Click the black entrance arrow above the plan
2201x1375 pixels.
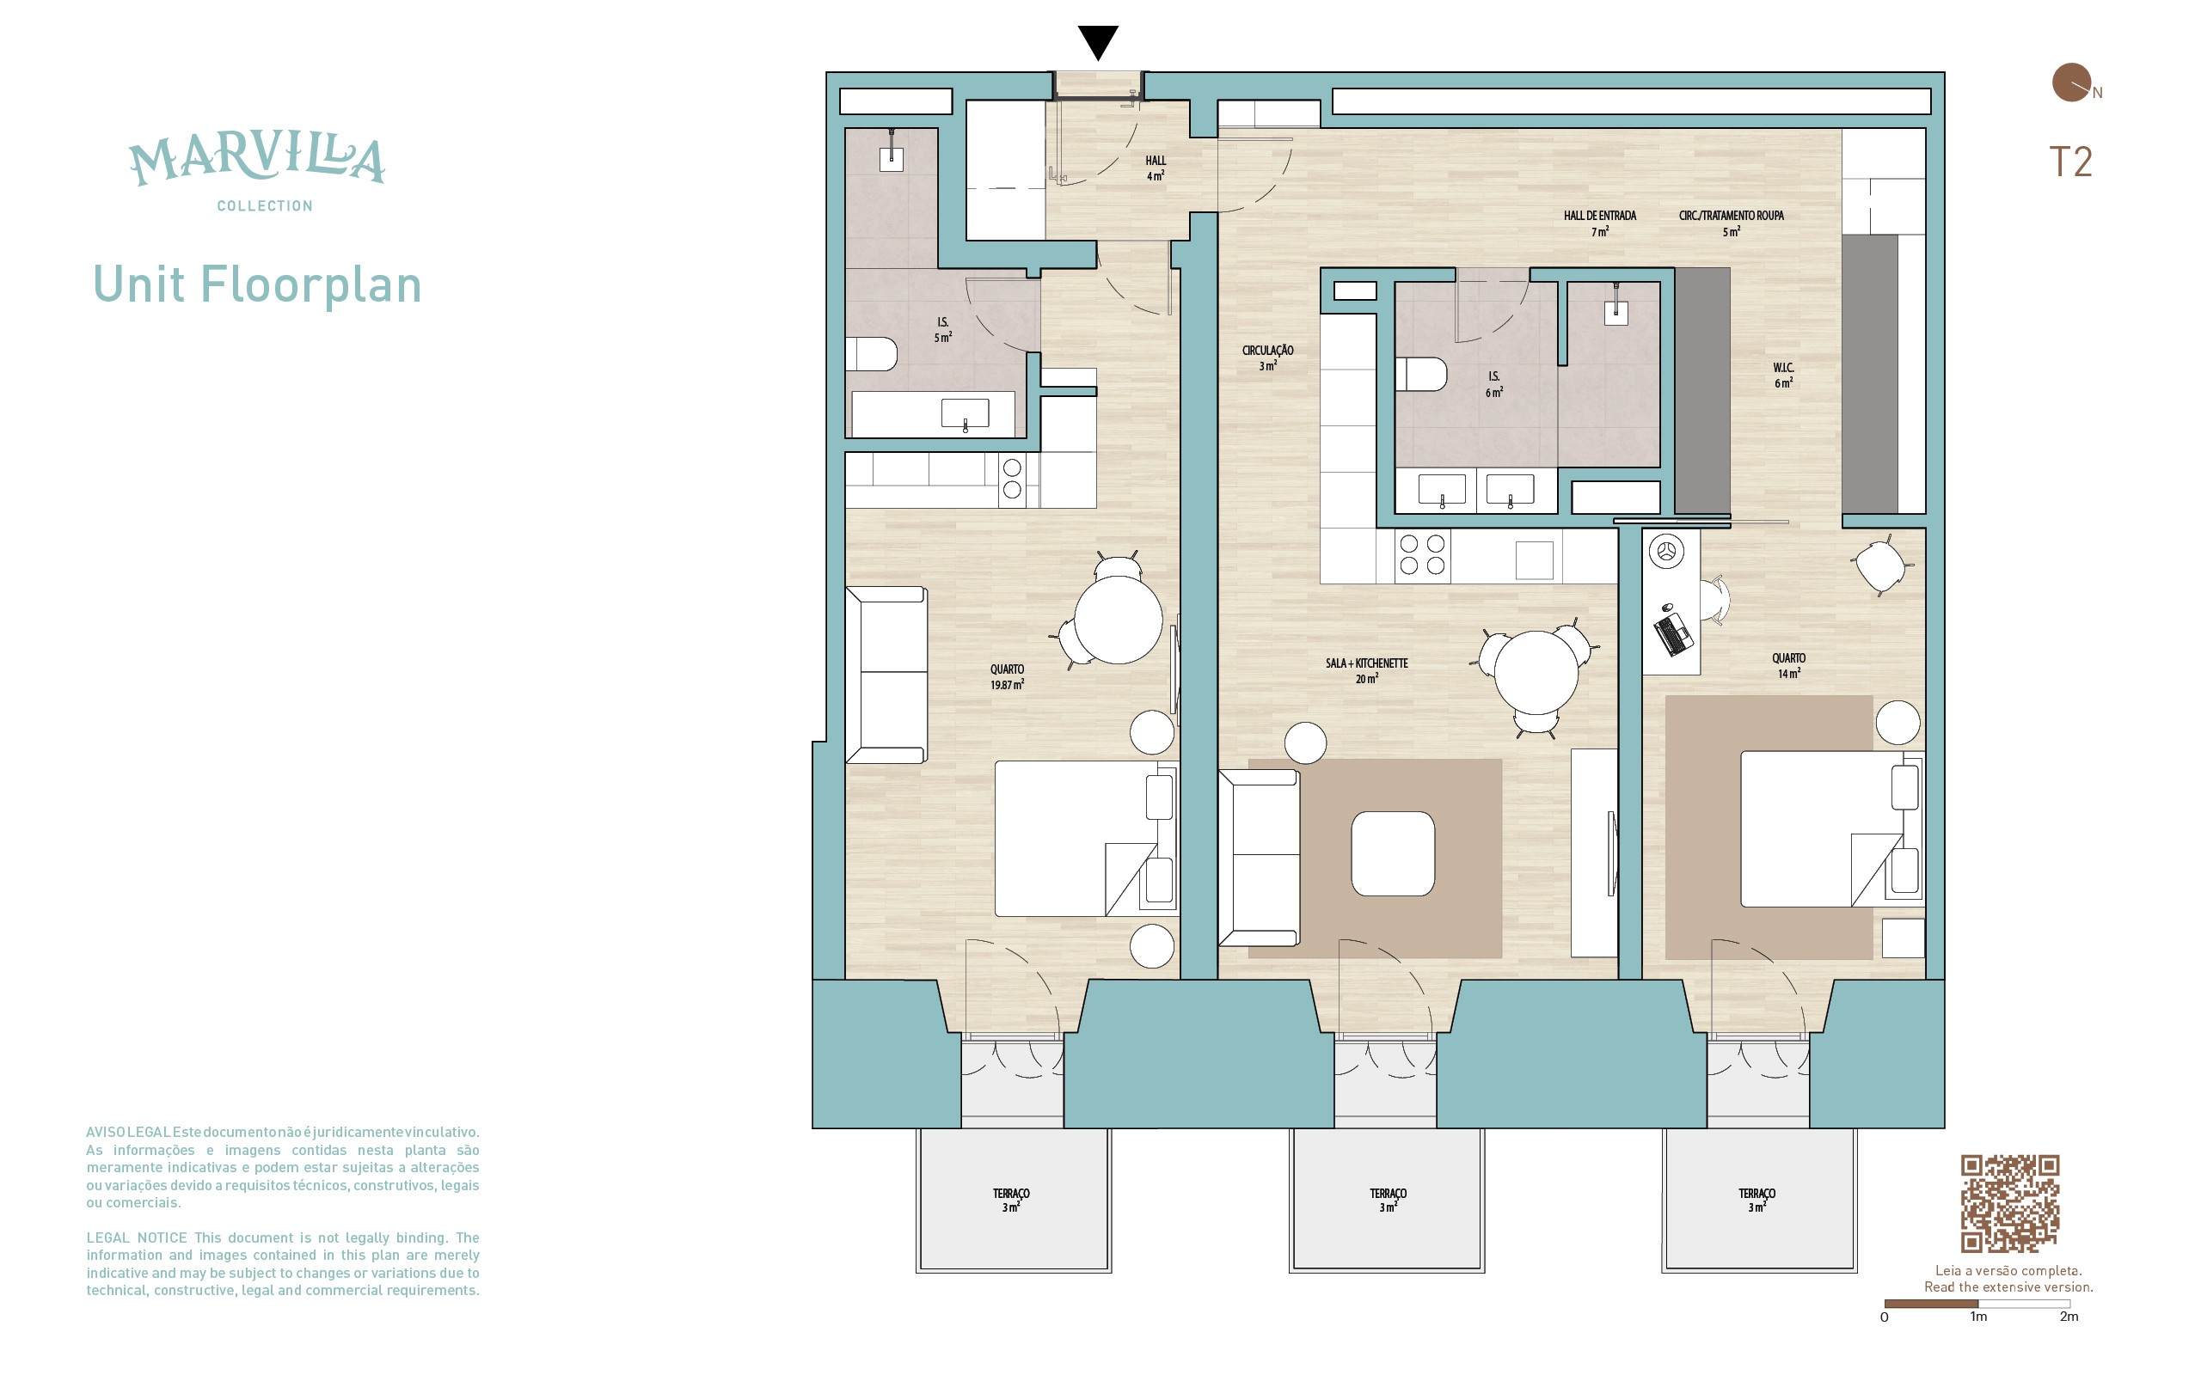(1098, 42)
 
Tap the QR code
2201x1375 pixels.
(2009, 1203)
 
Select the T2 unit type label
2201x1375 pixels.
(2070, 162)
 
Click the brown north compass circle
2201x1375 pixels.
(2071, 82)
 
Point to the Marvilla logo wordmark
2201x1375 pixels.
(256, 160)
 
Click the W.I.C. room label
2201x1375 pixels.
(1782, 375)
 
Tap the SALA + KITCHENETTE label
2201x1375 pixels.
(1366, 670)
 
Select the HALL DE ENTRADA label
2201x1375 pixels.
(1600, 223)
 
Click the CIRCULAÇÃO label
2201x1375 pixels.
(1268, 357)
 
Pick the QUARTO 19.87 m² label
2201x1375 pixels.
(1007, 676)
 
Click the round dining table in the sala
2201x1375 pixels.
(1536, 673)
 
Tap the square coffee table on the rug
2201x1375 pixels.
(1393, 853)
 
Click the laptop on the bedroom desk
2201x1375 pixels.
(1673, 634)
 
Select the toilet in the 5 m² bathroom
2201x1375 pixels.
(871, 354)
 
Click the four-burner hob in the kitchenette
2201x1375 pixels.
(1422, 555)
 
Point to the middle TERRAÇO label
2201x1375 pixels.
(1388, 1200)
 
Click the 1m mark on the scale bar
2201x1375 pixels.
(1978, 1316)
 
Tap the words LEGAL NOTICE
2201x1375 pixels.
(137, 1237)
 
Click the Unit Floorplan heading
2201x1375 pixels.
(257, 284)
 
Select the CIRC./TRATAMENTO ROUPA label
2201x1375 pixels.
(1731, 223)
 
